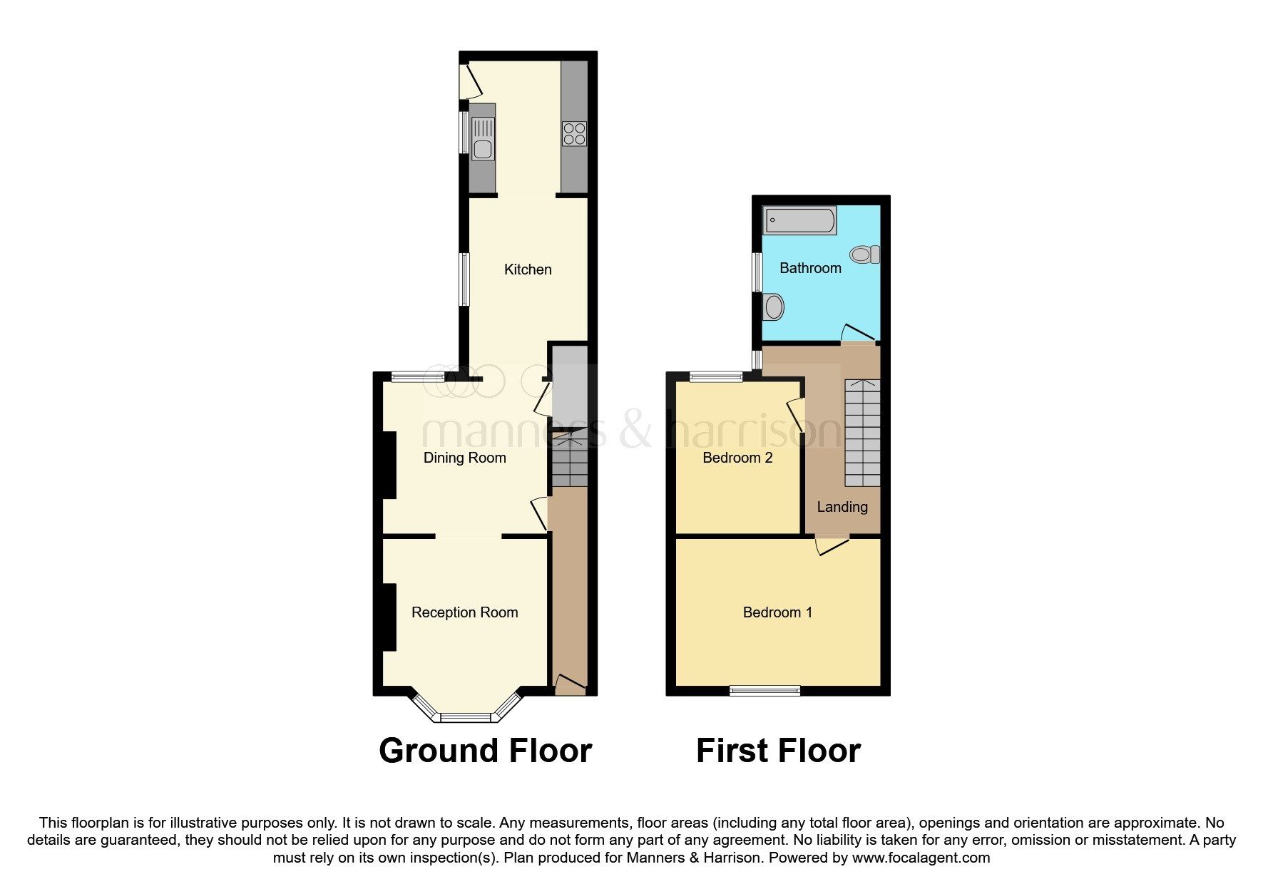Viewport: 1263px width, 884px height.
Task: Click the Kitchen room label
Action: (528, 269)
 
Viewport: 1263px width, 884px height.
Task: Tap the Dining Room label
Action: (464, 458)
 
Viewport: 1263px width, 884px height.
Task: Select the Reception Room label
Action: (464, 612)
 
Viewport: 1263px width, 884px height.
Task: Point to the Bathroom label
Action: (810, 268)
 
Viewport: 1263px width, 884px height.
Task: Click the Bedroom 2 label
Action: (737, 458)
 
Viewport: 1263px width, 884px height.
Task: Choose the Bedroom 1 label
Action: (777, 612)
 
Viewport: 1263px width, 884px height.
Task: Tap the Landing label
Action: (842, 507)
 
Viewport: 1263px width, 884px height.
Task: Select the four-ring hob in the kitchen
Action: (574, 134)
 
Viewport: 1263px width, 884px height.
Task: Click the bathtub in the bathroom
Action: (799, 220)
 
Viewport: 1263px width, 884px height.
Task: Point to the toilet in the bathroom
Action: (865, 255)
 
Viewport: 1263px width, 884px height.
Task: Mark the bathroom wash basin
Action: (772, 307)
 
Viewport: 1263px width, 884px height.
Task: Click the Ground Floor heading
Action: (485, 751)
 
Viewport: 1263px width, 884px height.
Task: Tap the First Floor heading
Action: (778, 751)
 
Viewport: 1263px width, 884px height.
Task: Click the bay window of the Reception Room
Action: (465, 715)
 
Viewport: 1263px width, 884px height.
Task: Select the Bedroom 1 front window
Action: (765, 690)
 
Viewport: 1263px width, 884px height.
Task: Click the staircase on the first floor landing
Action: (862, 432)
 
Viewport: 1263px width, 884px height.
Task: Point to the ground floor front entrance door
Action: (570, 685)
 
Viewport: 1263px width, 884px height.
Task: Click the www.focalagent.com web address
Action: (921, 858)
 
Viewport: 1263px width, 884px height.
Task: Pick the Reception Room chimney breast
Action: (389, 617)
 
